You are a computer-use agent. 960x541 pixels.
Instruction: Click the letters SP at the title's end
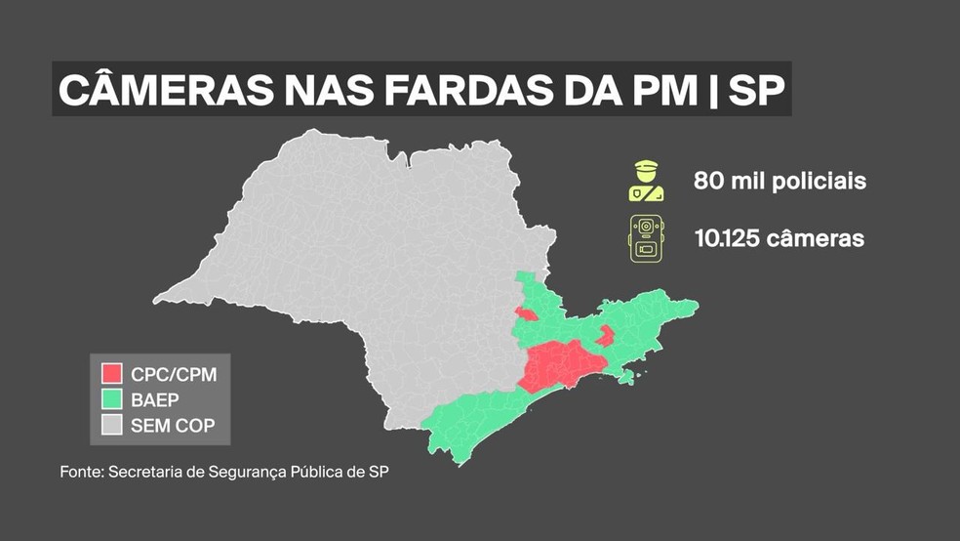757,90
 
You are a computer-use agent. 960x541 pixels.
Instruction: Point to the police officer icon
646,182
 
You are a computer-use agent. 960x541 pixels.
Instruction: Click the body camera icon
646,238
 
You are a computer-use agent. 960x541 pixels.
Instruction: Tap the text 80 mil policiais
780,182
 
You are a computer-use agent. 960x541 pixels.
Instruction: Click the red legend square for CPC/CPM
112,373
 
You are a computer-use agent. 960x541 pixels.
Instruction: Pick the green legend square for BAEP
112,398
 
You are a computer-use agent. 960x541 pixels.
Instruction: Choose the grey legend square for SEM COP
112,424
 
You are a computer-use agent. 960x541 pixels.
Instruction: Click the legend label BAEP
154,398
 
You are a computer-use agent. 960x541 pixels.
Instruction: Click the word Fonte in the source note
80,473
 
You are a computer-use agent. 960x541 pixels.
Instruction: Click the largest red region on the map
560,367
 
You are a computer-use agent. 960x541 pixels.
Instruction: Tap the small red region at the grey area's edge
526,314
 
